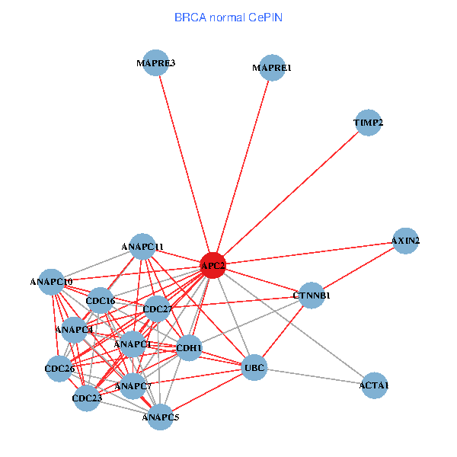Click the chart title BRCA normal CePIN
[228, 17]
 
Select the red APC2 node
[213, 265]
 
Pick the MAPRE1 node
[272, 68]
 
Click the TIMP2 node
[369, 123]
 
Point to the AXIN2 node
[405, 241]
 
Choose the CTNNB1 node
[312, 295]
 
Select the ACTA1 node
[374, 385]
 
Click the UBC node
[254, 369]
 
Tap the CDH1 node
[189, 348]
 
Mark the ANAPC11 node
[142, 247]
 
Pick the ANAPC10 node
[51, 282]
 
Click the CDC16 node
[101, 301]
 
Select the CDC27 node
[157, 309]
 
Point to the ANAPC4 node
[74, 331]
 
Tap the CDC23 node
[87, 398]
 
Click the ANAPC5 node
[160, 417]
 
